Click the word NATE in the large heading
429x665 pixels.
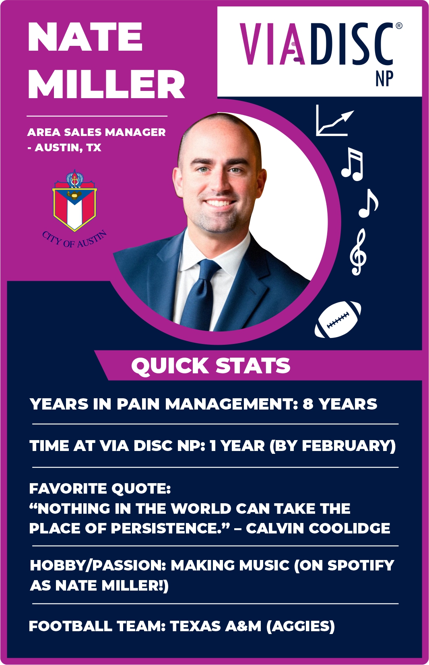pos(85,37)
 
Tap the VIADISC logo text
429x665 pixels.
pos(316,44)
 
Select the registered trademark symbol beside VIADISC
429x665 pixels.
pos(399,26)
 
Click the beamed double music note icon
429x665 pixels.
pos(352,164)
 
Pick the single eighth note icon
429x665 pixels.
pos(368,203)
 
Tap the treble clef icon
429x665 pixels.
pos(358,252)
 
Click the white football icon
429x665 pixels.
pos(338,319)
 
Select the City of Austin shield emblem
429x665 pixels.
pos(74,201)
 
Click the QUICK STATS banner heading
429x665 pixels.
pos(211,365)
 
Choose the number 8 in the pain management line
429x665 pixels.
pos(308,404)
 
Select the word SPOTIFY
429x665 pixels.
pos(361,565)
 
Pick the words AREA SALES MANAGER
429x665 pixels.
pos(97,132)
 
